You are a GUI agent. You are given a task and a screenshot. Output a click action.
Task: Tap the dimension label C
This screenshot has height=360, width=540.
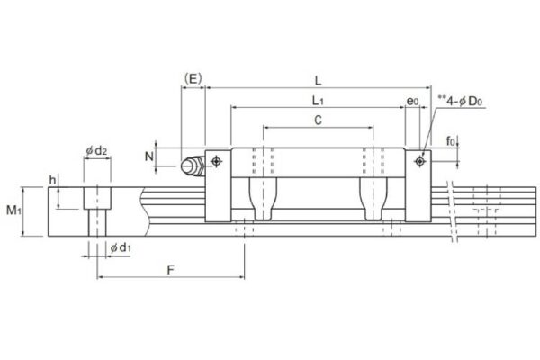[x=319, y=119]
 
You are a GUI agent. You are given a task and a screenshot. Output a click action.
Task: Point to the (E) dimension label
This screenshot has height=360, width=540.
[x=192, y=78]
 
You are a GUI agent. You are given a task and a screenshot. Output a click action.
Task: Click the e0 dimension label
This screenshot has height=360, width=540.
[x=412, y=101]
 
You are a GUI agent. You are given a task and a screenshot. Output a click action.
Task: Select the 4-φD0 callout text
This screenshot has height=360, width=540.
[x=461, y=101]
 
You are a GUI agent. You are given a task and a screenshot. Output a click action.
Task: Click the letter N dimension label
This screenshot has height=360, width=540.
[x=148, y=156]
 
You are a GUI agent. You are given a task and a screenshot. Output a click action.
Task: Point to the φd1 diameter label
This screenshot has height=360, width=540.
[x=120, y=247]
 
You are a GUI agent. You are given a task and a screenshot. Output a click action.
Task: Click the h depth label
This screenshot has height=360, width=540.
[x=53, y=179]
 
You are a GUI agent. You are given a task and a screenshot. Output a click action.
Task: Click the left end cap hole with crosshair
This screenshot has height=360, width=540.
[x=216, y=162]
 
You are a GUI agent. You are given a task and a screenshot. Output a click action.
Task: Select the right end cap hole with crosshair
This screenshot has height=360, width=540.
[x=419, y=161]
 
